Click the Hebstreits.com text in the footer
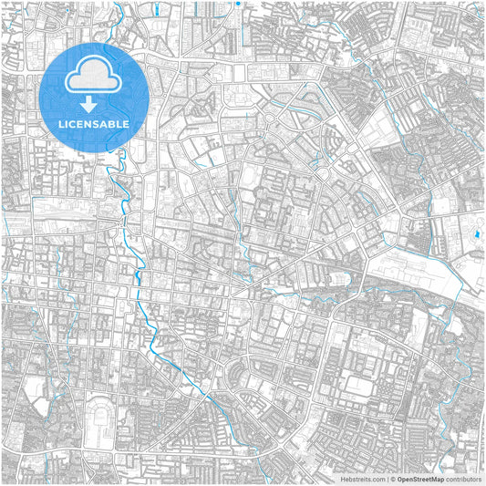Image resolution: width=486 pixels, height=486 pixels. [362, 478]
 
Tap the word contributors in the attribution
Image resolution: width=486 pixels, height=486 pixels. [463, 478]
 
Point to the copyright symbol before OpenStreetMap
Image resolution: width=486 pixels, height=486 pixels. [394, 478]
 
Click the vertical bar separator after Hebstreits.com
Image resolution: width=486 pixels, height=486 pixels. [388, 478]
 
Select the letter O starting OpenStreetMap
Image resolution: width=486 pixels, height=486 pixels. [400, 478]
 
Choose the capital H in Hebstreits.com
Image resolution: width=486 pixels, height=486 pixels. [343, 478]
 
